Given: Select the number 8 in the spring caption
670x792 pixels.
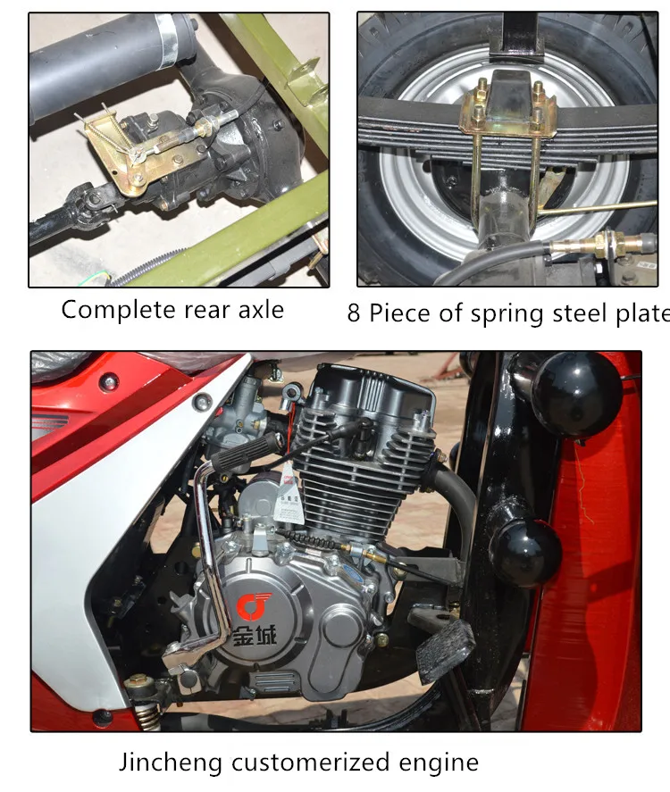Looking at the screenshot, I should [x=353, y=314].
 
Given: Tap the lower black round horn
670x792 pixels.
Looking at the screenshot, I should [x=526, y=553].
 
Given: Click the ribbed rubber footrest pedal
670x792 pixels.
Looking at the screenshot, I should [x=444, y=647].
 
